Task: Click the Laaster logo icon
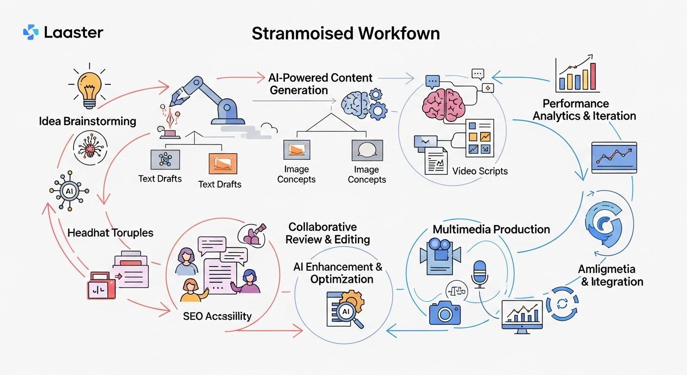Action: tap(30, 33)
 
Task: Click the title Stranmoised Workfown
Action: tap(345, 33)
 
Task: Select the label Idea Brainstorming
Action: tap(87, 121)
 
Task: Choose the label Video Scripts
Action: tap(480, 171)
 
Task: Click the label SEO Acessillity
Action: tap(217, 316)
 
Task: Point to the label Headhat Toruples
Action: tap(110, 232)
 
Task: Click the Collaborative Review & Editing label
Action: tap(327, 233)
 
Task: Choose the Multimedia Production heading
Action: tap(491, 229)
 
